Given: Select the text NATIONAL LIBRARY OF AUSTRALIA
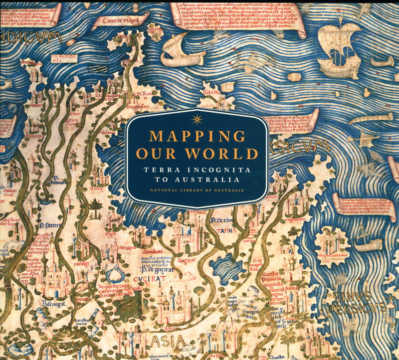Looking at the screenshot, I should point(198,190).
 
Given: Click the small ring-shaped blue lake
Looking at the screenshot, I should point(113,271).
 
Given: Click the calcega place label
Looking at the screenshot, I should point(81,263).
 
